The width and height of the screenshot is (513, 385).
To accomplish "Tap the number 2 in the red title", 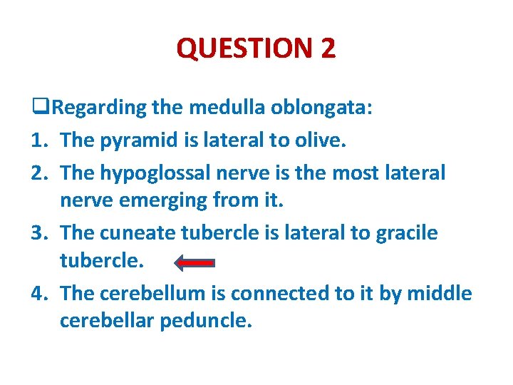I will click(x=328, y=48).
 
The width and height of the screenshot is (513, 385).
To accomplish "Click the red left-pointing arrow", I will click(x=195, y=263).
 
